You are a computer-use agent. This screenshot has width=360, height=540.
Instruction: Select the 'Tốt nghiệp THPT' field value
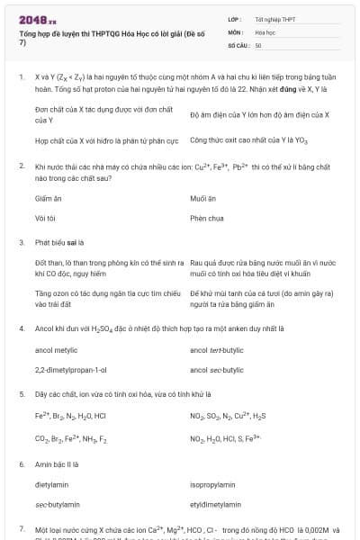pyautogui.click(x=274, y=18)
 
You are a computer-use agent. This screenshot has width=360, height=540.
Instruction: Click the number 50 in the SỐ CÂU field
pyautogui.click(x=259, y=43)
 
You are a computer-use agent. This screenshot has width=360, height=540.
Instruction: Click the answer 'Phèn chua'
pyautogui.click(x=206, y=218)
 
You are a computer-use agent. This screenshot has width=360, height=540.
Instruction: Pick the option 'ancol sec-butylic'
pyautogui.click(x=217, y=370)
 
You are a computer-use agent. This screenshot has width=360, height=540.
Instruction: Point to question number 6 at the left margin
pyautogui.click(x=21, y=463)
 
